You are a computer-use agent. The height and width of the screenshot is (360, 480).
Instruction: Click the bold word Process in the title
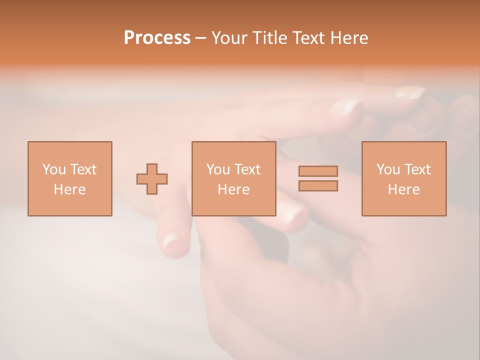click(x=157, y=38)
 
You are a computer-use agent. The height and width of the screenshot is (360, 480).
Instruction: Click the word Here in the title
click(x=350, y=38)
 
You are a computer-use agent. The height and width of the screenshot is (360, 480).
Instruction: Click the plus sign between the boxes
click(x=152, y=178)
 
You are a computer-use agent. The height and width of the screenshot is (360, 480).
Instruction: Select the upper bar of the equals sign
click(x=318, y=171)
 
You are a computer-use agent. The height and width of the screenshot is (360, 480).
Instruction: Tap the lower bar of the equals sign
click(x=318, y=185)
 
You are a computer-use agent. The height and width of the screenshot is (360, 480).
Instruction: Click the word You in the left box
click(x=53, y=169)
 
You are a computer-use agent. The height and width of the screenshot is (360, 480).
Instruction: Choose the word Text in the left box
click(x=82, y=169)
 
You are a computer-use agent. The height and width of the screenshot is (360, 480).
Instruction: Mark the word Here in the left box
click(x=69, y=189)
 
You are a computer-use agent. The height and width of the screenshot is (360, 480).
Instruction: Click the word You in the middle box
click(x=218, y=169)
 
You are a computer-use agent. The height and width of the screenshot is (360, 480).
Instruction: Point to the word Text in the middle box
click(x=247, y=169)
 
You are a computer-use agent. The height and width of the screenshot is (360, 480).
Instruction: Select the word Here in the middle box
click(x=233, y=189)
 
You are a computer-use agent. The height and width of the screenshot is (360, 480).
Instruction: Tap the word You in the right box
click(x=388, y=169)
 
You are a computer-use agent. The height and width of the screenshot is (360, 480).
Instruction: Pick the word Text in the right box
click(x=417, y=169)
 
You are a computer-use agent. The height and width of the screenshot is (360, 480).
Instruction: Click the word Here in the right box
click(x=403, y=189)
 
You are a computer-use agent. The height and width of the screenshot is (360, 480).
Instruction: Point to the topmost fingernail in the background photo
click(x=409, y=92)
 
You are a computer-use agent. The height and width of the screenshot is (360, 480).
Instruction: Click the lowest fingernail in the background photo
click(x=171, y=242)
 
